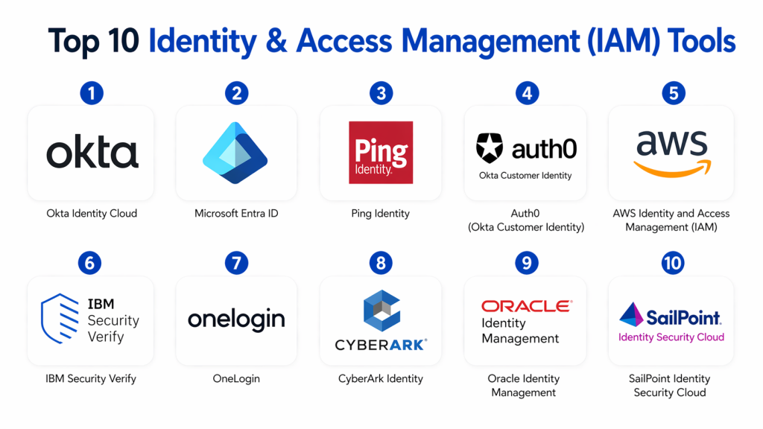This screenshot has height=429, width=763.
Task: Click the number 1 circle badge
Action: (x=92, y=93)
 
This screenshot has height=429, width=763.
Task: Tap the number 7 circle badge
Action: (x=235, y=263)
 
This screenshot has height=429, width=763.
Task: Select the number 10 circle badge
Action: (x=671, y=263)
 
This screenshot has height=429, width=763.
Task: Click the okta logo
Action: (x=92, y=152)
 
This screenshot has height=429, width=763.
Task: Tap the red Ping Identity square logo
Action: (x=381, y=152)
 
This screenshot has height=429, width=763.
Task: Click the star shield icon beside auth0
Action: (x=490, y=148)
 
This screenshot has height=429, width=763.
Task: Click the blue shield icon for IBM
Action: (x=60, y=320)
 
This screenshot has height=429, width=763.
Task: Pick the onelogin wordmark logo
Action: (x=236, y=320)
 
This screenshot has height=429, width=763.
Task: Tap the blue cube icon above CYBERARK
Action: (x=381, y=311)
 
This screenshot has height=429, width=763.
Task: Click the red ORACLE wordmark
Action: (x=526, y=306)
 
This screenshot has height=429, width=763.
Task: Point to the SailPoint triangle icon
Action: (x=631, y=315)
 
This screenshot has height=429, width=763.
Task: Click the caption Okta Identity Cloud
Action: (x=92, y=214)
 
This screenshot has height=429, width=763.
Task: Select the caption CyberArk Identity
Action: (x=381, y=379)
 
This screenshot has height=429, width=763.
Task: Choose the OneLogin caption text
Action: (x=236, y=379)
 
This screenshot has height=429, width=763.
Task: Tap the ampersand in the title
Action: (x=274, y=42)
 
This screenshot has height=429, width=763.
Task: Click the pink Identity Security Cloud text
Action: (x=671, y=337)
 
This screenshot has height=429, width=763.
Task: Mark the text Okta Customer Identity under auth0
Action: (x=525, y=176)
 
